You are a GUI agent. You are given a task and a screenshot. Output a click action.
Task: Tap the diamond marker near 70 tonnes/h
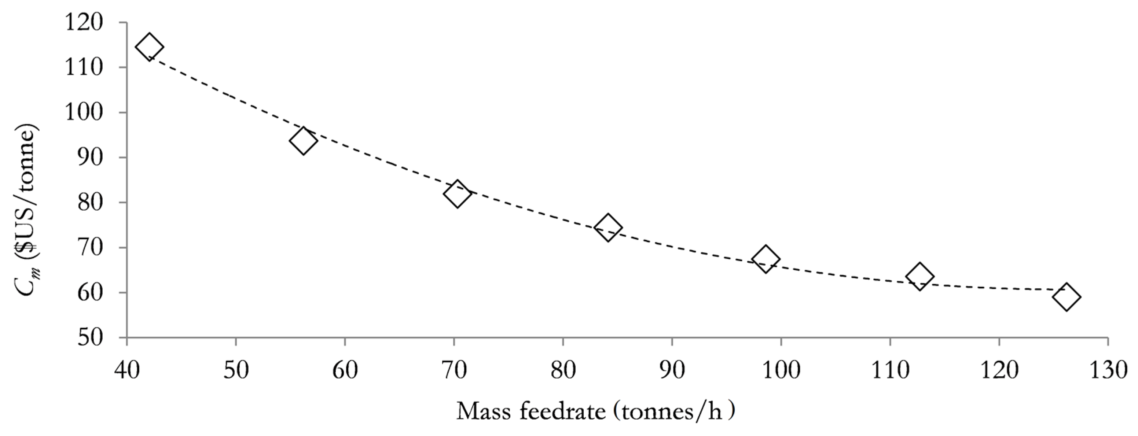pyautogui.click(x=457, y=194)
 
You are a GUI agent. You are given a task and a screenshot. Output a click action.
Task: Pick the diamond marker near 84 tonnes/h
pyautogui.click(x=608, y=228)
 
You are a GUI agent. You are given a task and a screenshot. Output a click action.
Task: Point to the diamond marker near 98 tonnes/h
pyautogui.click(x=765, y=259)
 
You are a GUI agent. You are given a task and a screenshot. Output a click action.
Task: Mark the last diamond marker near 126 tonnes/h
pyautogui.click(x=1067, y=297)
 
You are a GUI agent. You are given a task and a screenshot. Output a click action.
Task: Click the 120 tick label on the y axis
pyautogui.click(x=90, y=23)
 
